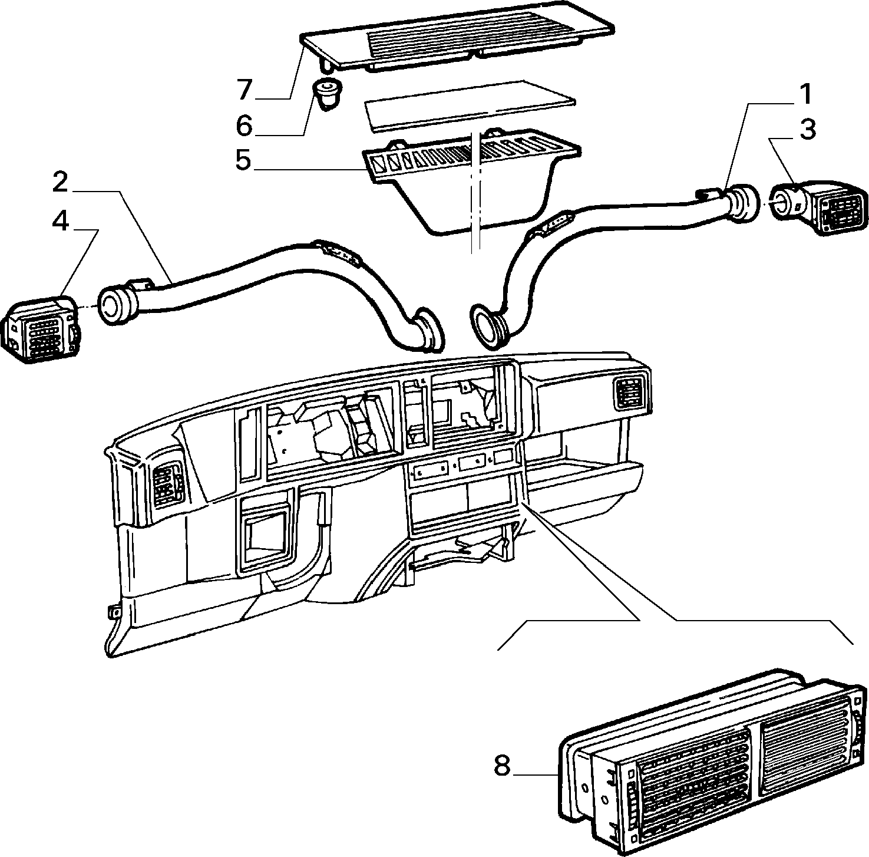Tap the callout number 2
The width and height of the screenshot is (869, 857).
tap(60, 183)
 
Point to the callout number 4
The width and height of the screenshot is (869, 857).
tap(60, 220)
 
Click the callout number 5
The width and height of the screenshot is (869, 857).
tap(243, 160)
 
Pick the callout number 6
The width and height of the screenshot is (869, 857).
tap(244, 126)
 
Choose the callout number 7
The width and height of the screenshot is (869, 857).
tap(244, 90)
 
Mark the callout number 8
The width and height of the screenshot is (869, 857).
tap(502, 766)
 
